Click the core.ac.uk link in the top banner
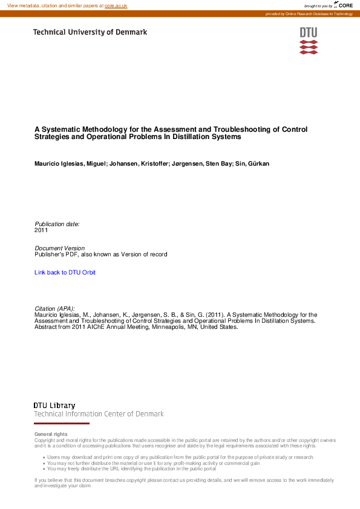(116, 5)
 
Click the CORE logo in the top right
(344, 5)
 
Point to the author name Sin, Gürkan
(252, 164)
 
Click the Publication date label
(57, 224)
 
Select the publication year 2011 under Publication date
(41, 230)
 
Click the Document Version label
(60, 248)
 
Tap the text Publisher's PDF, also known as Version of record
(101, 254)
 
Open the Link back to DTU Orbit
(65, 273)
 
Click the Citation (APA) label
(54, 309)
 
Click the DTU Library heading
(54, 405)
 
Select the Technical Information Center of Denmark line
(99, 414)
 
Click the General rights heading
(51, 435)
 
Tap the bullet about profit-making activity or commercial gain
(153, 463)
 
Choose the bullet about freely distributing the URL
(131, 468)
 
